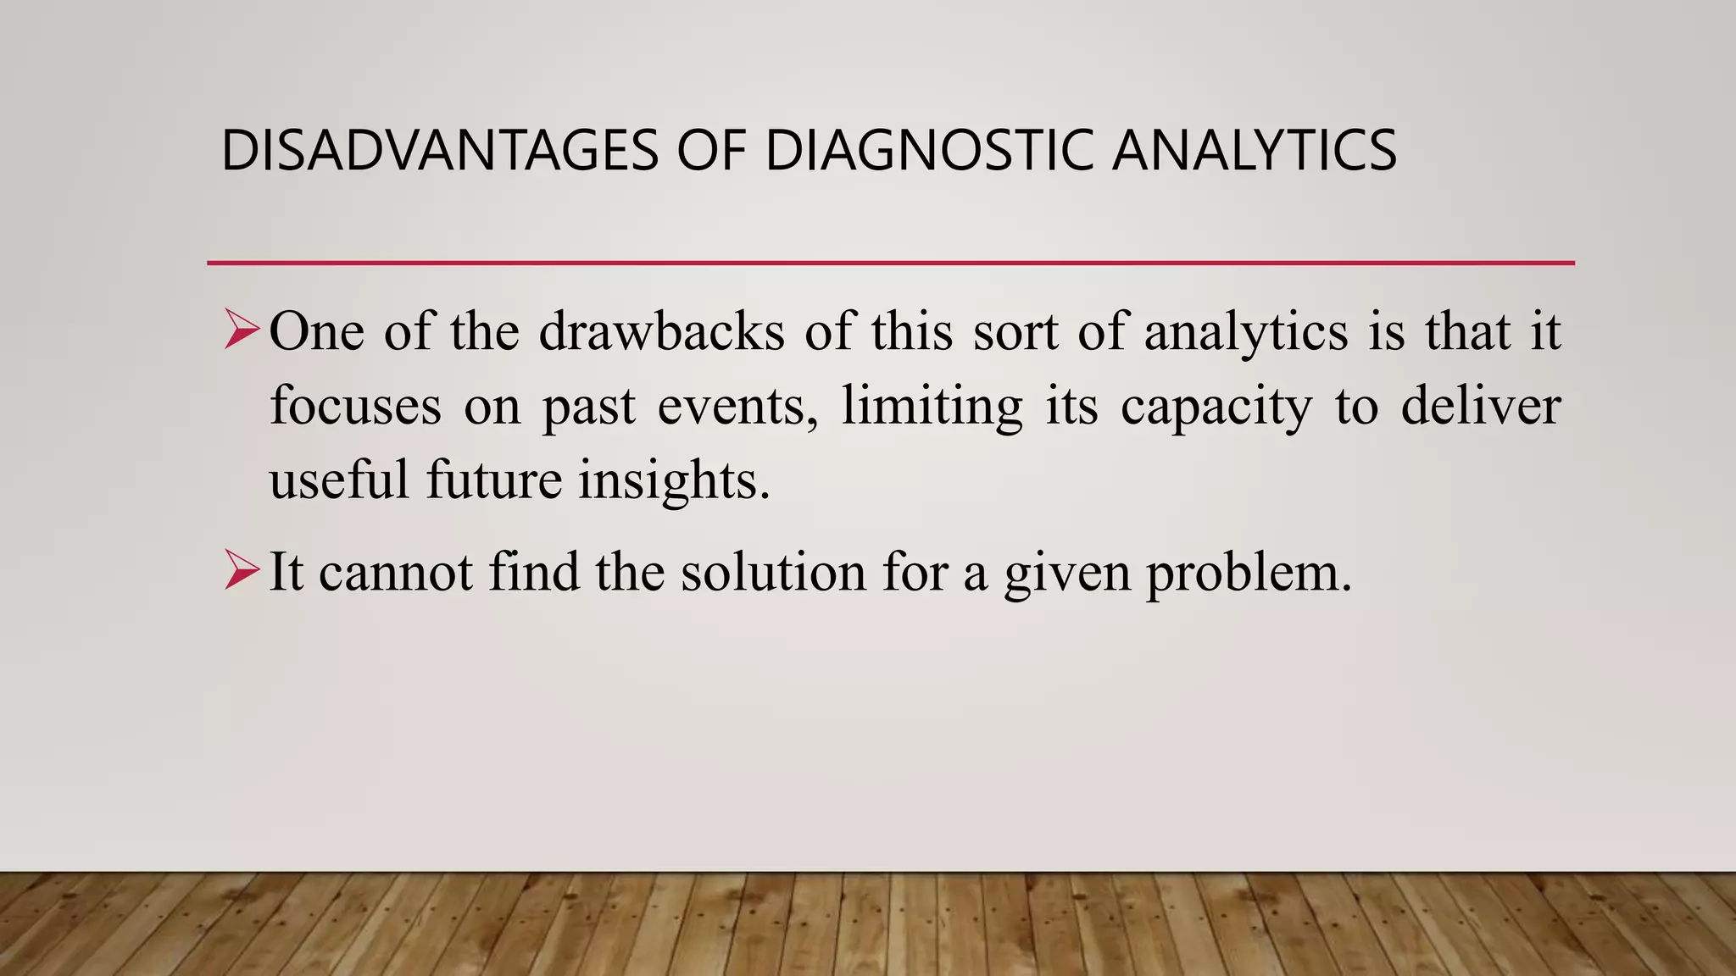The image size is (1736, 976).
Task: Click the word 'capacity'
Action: (1216, 407)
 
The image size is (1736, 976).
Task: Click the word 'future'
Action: (493, 479)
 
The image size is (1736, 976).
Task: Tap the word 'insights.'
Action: (674, 480)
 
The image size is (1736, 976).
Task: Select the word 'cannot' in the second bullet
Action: (396, 572)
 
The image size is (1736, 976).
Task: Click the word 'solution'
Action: (772, 572)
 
